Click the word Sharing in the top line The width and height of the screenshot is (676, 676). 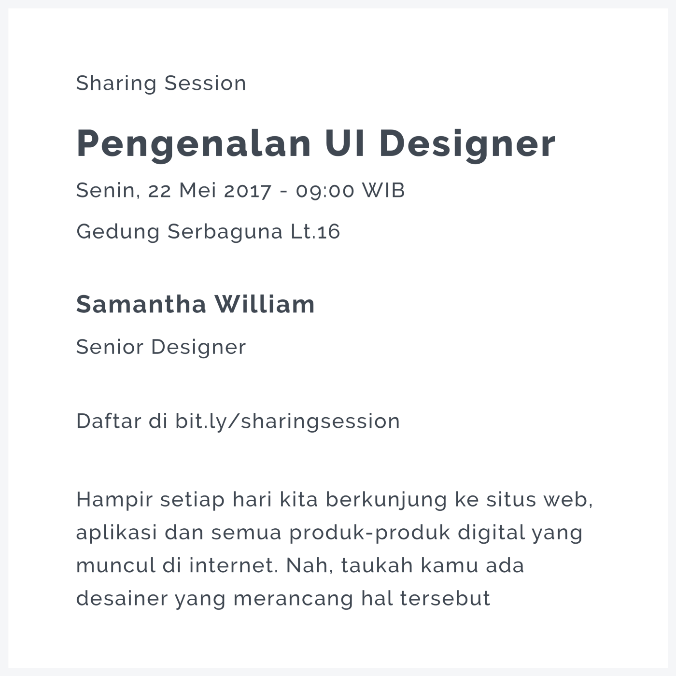pos(116,84)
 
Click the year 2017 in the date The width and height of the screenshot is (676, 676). pos(248,190)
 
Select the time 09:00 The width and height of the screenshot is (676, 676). pos(325,190)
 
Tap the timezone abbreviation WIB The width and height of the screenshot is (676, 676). pos(383,190)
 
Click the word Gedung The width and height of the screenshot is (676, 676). pos(118,232)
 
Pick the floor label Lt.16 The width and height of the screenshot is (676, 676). pos(315,232)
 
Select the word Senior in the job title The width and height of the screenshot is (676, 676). pos(110,347)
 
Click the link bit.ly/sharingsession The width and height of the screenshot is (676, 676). pos(288,421)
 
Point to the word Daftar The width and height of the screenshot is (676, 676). pos(108,421)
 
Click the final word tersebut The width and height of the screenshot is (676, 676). pos(445,598)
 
